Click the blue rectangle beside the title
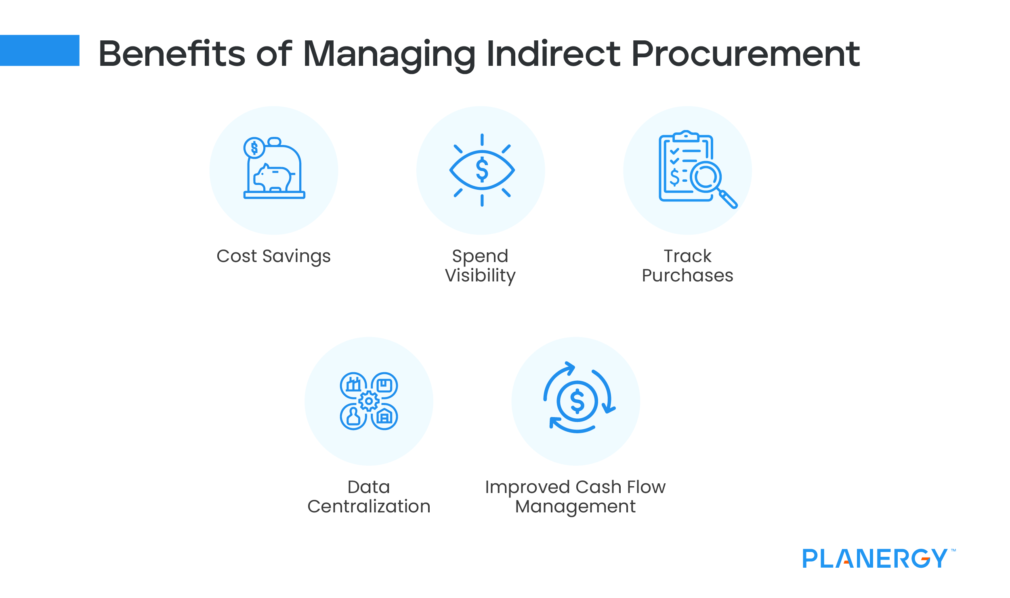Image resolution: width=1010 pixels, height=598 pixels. click(40, 50)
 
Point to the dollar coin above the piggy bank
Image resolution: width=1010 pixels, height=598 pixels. click(254, 148)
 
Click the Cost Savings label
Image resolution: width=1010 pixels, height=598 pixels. click(273, 256)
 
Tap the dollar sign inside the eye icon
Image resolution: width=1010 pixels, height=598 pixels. click(482, 170)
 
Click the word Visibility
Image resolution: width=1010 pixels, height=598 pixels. click(480, 276)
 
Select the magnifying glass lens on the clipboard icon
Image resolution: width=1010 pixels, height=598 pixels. click(706, 177)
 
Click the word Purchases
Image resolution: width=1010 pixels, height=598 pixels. click(687, 276)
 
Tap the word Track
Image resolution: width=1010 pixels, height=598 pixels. click(687, 256)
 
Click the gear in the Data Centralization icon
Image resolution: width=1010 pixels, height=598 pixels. click(369, 401)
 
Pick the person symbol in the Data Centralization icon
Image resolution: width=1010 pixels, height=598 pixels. click(353, 416)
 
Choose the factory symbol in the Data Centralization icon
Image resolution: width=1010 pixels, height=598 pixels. click(353, 385)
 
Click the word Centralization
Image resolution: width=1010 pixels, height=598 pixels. click(369, 507)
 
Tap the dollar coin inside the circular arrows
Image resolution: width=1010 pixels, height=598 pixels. click(577, 401)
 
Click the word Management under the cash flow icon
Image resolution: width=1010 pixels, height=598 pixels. click(575, 507)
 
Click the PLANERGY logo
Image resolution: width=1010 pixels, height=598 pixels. click(874, 558)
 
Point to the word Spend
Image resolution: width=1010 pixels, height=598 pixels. click(480, 256)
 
